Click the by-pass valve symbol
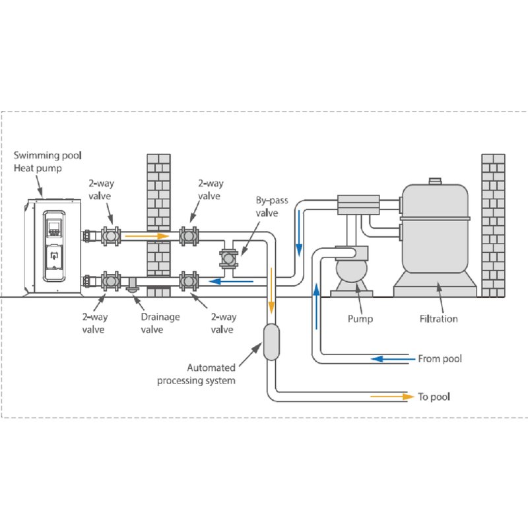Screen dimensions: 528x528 (229, 257)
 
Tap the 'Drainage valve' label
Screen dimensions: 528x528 (160, 323)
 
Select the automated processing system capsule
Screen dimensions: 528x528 (271, 342)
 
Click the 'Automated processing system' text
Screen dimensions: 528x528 (211, 374)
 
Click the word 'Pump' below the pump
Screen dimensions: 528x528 (360, 319)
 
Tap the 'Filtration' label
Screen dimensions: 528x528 (439, 319)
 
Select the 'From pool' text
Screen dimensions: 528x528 (440, 359)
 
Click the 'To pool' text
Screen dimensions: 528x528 (435, 397)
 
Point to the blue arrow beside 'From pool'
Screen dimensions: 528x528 (386, 359)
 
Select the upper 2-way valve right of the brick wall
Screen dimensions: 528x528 (189, 235)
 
